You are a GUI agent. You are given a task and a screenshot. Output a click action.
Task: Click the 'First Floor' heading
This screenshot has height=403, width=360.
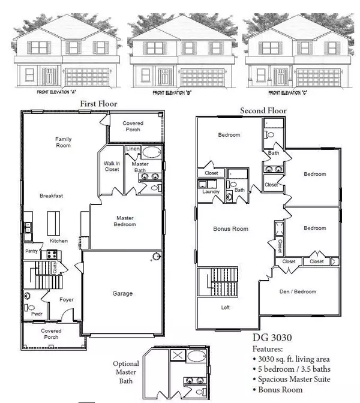point(98,104)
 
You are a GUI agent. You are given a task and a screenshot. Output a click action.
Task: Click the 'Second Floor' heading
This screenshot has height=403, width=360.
point(263,110)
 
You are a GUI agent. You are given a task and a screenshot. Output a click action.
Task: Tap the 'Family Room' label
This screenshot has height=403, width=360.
point(64,142)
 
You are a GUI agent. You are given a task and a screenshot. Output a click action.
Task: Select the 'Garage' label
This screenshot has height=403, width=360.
point(122,293)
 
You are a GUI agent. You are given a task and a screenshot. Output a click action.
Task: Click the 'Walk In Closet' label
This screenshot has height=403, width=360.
point(112,166)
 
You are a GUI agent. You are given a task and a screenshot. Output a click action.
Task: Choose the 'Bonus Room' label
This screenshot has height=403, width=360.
point(231,229)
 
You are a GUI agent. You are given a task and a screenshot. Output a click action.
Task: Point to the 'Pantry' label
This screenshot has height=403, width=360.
point(31,251)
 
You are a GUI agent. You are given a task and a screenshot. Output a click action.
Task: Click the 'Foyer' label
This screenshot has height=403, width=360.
point(67,300)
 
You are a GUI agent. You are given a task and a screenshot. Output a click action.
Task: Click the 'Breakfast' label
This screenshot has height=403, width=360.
point(52,196)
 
